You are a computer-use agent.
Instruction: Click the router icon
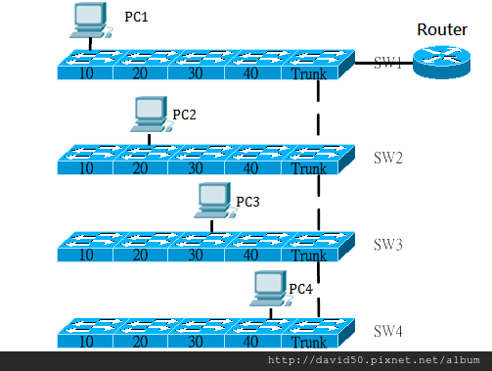439,61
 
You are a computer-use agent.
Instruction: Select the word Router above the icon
442,29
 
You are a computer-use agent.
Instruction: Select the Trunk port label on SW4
308,343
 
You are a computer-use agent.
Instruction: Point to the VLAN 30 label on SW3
197,256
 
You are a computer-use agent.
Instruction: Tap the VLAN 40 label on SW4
251,343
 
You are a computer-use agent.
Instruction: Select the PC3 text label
247,201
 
